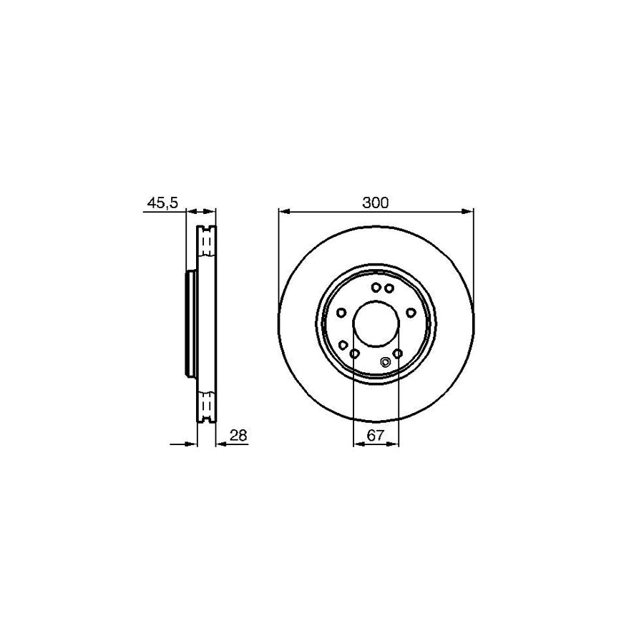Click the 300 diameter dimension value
(375, 203)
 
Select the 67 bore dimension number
(376, 435)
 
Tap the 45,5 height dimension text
(162, 203)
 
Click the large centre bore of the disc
(376, 323)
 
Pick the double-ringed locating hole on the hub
(386, 361)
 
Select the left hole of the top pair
(376, 288)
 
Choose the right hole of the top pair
(389, 288)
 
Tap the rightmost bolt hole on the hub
(411, 313)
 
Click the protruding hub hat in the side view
(190, 323)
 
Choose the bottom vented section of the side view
(205, 405)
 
